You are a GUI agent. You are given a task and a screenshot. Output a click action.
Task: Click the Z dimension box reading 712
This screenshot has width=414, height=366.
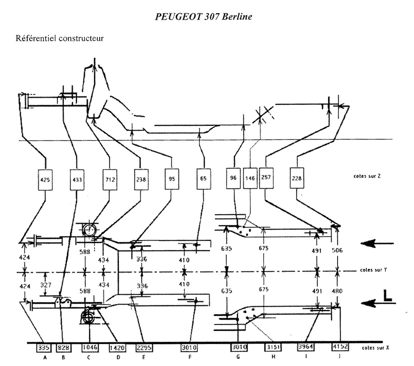[110, 179]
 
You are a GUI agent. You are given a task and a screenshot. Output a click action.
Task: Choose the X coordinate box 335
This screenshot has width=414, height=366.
[43, 348]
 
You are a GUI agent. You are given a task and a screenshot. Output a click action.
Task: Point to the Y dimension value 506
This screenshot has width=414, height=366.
[338, 250]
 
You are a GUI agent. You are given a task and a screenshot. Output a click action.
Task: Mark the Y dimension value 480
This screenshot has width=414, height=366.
[338, 291]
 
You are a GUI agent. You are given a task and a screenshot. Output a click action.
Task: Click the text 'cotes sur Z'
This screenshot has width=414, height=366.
[364, 176]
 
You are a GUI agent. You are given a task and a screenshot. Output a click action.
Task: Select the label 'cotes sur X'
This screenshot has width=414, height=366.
[374, 348]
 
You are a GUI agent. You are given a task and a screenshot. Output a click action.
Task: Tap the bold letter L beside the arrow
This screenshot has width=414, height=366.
[387, 296]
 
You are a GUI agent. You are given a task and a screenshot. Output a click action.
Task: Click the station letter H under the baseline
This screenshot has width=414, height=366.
[273, 358]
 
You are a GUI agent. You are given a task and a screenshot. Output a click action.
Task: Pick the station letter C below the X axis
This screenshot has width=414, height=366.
[88, 358]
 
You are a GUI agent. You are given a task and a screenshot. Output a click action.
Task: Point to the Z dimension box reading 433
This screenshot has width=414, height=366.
[77, 179]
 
